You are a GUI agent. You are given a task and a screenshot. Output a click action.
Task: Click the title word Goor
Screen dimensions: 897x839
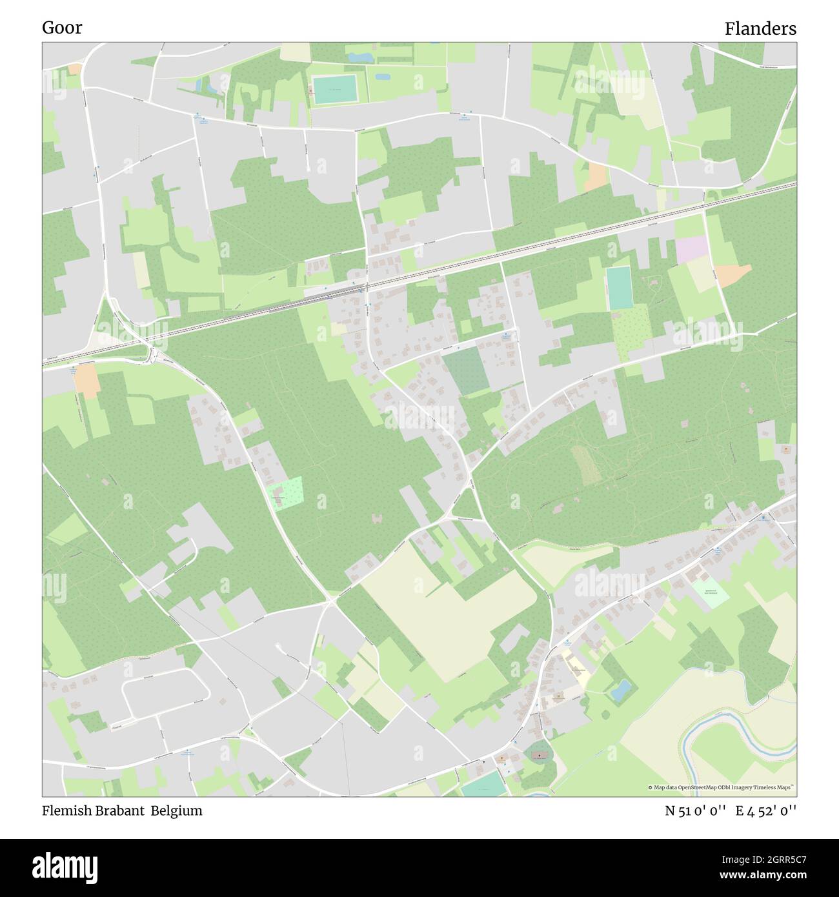[x=62, y=28]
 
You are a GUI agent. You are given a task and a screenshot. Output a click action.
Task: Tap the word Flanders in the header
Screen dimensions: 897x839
[x=760, y=29]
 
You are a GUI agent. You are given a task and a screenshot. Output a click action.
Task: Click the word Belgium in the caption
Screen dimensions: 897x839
[x=177, y=811]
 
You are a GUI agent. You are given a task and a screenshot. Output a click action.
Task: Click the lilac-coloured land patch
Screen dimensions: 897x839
[x=691, y=249]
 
